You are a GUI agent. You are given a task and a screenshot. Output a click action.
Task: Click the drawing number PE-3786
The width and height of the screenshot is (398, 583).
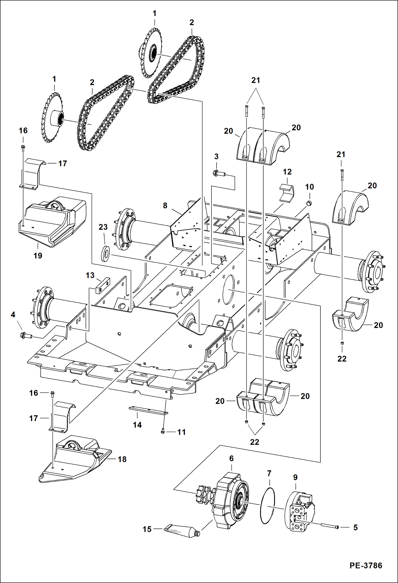pyautogui.click(x=366, y=565)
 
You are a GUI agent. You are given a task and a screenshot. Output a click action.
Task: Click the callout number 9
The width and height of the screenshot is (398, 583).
pyautogui.click(x=295, y=477)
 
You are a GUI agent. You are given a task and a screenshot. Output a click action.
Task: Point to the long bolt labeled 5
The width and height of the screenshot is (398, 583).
pyautogui.click(x=329, y=527)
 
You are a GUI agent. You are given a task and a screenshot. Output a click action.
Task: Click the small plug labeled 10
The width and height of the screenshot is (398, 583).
pyautogui.click(x=309, y=203)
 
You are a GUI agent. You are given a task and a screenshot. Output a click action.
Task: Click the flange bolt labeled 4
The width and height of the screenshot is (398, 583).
pyautogui.click(x=26, y=335)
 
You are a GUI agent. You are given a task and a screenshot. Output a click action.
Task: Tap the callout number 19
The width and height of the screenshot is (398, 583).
pyautogui.click(x=38, y=256)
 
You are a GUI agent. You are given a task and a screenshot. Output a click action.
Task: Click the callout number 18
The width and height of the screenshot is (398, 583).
pyautogui.click(x=122, y=459)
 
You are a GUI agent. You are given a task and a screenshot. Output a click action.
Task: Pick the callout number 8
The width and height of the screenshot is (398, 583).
pyautogui.click(x=165, y=205)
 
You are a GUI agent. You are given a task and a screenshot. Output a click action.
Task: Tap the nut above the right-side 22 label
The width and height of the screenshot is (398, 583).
pyautogui.click(x=342, y=343)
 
